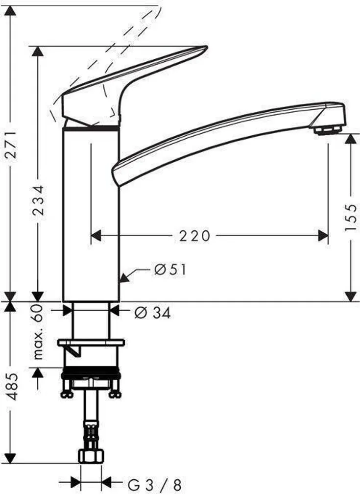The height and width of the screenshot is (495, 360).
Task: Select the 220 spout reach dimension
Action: tap(194, 236)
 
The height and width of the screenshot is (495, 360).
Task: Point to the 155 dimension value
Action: tap(351, 217)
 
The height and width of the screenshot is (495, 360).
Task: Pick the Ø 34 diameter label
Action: tap(152, 313)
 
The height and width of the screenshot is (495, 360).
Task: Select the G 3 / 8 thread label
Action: tap(155, 485)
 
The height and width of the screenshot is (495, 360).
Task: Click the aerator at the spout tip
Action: tap(327, 129)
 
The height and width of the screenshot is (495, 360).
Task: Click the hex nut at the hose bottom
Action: tap(91, 456)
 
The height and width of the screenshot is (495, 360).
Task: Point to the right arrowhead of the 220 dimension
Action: tap(323, 236)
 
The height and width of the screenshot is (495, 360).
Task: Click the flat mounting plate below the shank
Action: tap(91, 342)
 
